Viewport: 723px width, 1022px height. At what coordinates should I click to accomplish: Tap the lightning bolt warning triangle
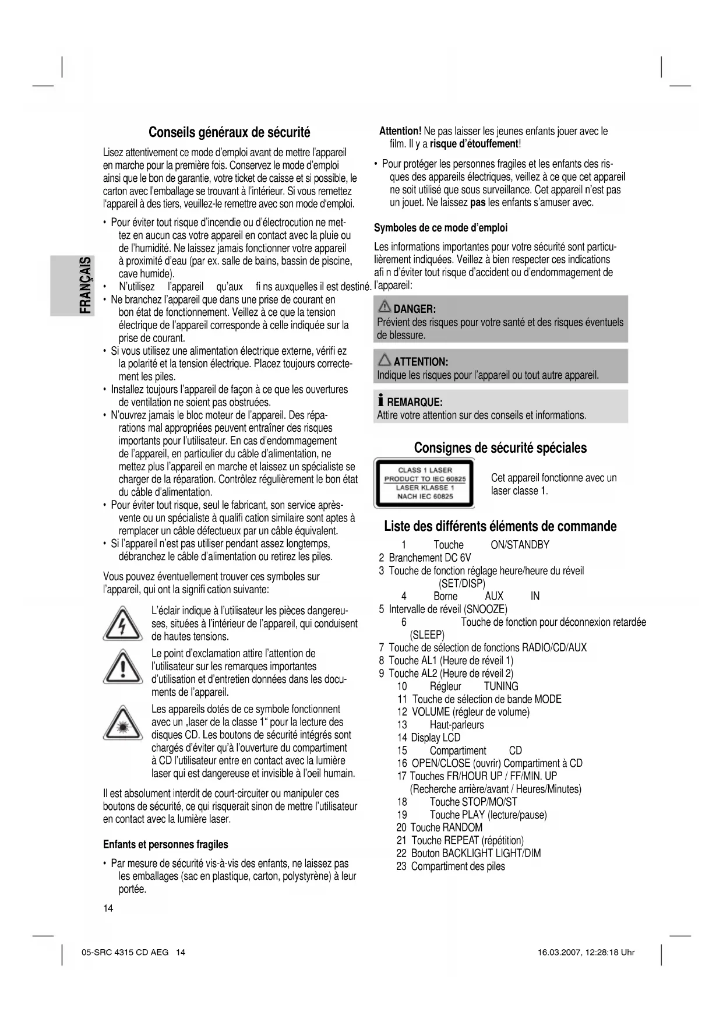click(122, 624)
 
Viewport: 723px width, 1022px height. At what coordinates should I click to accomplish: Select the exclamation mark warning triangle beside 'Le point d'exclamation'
click(122, 668)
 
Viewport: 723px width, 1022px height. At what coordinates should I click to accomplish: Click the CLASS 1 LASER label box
click(425, 483)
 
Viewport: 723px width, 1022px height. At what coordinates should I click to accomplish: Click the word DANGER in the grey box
click(415, 309)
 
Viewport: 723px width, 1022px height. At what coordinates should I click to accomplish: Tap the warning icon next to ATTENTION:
click(385, 361)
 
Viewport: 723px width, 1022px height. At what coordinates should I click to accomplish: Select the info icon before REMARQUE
click(380, 401)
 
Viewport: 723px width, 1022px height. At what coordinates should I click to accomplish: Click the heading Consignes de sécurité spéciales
click(500, 448)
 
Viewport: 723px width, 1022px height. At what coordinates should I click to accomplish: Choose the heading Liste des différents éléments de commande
click(500, 527)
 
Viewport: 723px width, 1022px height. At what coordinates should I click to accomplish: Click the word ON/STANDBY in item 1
click(520, 545)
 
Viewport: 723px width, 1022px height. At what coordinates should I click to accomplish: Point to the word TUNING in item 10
click(501, 686)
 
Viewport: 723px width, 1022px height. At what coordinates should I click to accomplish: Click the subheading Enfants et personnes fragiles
click(165, 845)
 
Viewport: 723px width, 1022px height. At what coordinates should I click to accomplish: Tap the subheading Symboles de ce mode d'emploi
click(440, 228)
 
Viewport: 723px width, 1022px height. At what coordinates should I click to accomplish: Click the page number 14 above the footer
click(108, 909)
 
